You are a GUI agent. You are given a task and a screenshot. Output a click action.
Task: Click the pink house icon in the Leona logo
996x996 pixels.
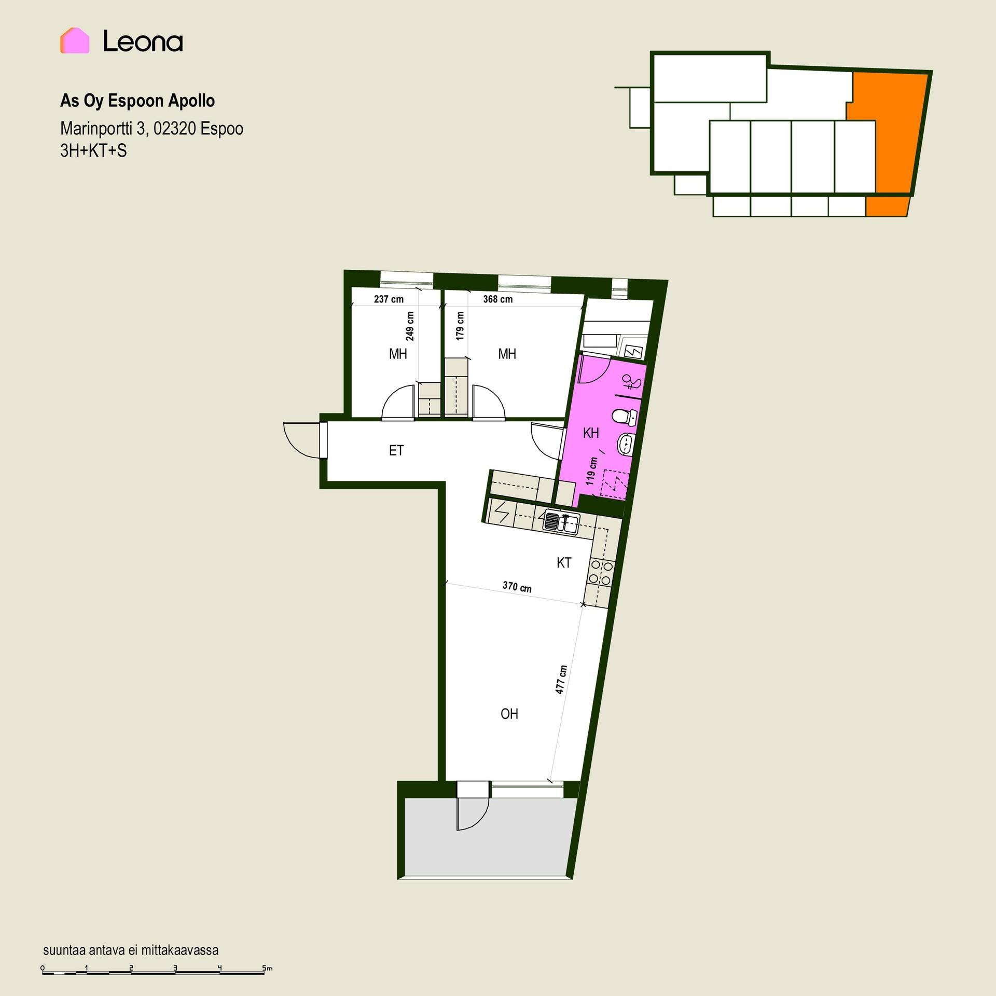tap(75, 40)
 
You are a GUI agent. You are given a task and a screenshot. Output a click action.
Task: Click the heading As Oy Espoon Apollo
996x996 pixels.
tap(137, 101)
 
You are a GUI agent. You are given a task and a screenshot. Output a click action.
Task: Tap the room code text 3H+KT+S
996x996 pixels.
tap(93, 151)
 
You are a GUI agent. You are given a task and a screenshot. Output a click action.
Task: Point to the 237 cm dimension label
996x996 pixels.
tap(389, 299)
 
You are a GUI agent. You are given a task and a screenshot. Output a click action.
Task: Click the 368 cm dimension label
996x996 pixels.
tap(498, 299)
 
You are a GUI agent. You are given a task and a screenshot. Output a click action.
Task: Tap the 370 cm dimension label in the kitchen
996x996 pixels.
tap(517, 587)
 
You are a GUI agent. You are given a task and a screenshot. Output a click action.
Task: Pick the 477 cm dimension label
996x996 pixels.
tap(561, 680)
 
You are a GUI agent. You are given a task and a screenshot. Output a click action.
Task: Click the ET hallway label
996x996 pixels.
tap(396, 451)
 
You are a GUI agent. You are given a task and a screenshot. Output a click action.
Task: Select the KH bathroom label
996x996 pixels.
tap(591, 433)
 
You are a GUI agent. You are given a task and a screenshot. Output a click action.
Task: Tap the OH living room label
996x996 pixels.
tap(509, 714)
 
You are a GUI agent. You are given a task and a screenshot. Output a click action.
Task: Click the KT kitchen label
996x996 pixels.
tap(564, 562)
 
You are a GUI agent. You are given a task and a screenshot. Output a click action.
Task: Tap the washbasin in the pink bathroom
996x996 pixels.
tap(626, 444)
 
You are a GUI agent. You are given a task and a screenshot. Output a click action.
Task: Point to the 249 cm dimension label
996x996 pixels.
tap(410, 326)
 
